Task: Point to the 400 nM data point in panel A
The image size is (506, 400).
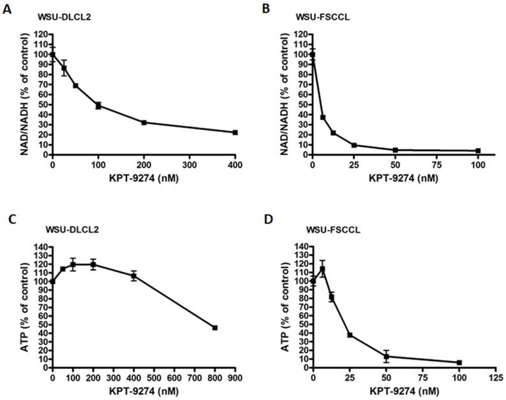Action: (235, 132)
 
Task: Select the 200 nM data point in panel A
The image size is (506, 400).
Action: (144, 122)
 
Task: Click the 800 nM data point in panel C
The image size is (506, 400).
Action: (215, 327)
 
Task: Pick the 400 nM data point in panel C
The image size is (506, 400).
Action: (134, 276)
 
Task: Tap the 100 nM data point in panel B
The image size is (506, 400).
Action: (478, 151)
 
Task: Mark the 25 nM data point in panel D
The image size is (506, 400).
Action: (350, 334)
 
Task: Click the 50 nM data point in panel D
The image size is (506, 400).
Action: (387, 356)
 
